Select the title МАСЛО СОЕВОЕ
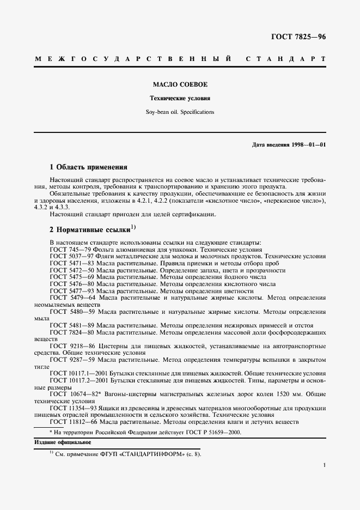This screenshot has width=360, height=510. tap(180, 85)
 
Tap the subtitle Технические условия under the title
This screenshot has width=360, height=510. tap(180, 99)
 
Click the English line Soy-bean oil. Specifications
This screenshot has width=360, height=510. tap(180, 112)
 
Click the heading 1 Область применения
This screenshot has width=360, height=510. tap(88, 167)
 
